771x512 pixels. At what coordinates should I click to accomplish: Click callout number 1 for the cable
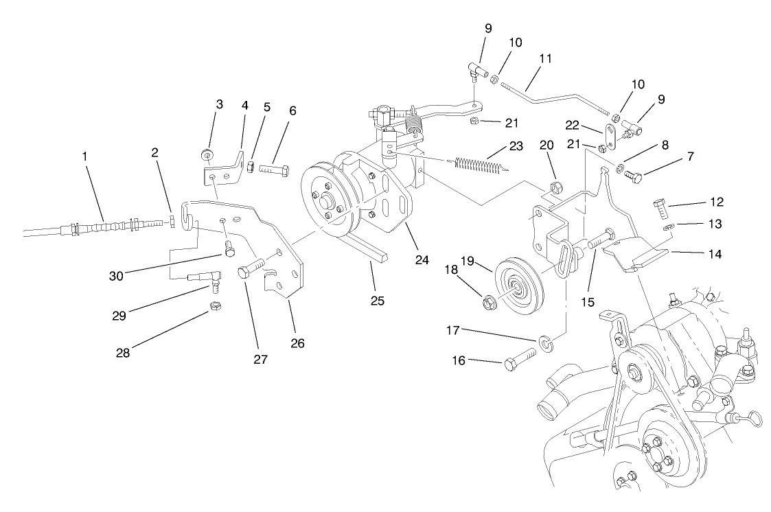click(x=84, y=156)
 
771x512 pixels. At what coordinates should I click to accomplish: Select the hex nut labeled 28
click(x=214, y=306)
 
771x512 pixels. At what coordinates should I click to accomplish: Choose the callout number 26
click(x=297, y=342)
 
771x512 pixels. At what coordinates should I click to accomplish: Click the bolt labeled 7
click(x=633, y=177)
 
